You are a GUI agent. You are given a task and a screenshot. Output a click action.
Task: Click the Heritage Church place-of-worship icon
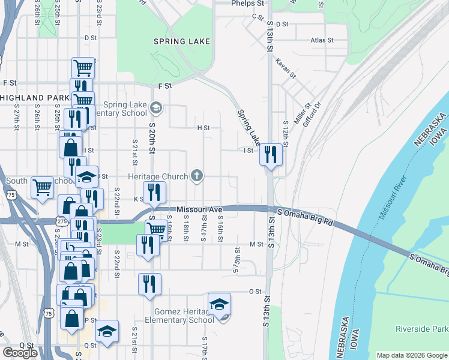pyautogui.click(x=196, y=176)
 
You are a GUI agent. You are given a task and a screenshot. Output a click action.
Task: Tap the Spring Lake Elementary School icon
pyautogui.click(x=156, y=108)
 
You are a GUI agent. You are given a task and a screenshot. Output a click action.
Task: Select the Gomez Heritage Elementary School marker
pyautogui.click(x=220, y=304)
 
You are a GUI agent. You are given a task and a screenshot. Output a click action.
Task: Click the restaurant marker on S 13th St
pyautogui.click(x=271, y=155)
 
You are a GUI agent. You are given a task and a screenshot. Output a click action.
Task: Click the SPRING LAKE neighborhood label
pyautogui.click(x=181, y=41)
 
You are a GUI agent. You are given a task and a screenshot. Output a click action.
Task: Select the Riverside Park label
pyautogui.click(x=421, y=329)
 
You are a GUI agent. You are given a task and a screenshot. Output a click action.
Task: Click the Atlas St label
pyautogui.click(x=322, y=40)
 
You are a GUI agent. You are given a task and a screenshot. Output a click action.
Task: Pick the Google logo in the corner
pyautogui.click(x=20, y=352)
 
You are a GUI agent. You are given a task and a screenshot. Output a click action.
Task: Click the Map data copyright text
pyautogui.click(x=412, y=355)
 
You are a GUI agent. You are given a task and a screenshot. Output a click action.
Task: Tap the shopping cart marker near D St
pyautogui.click(x=82, y=68)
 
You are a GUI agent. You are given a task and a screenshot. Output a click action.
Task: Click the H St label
pyautogui.click(x=203, y=128)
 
